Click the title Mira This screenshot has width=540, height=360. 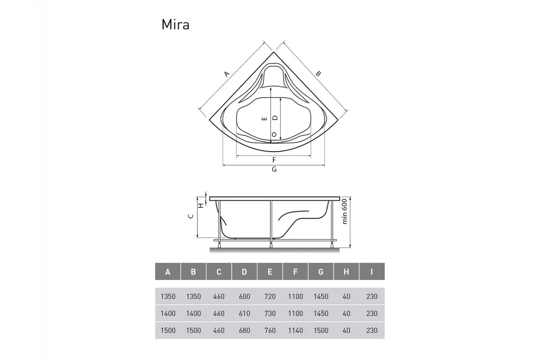click(x=175, y=25)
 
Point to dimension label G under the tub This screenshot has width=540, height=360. click(x=274, y=170)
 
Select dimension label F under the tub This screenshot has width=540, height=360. click(x=274, y=160)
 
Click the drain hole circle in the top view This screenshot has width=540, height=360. click(x=274, y=134)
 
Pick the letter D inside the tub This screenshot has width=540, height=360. click(x=275, y=117)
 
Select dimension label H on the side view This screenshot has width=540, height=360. click(x=201, y=205)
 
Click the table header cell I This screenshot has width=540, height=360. click(x=372, y=272)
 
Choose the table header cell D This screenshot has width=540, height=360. click(x=244, y=272)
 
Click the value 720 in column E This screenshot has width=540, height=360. click(x=270, y=297)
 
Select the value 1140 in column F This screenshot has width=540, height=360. click(x=295, y=330)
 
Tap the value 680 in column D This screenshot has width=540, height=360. click(x=244, y=330)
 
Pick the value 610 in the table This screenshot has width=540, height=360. click(x=244, y=314)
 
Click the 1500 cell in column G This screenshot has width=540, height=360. click(x=321, y=330)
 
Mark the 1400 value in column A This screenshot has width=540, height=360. click(x=168, y=314)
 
